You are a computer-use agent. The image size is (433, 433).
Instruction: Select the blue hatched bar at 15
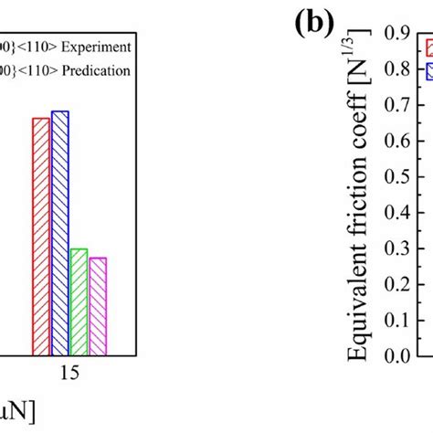[60, 232]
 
